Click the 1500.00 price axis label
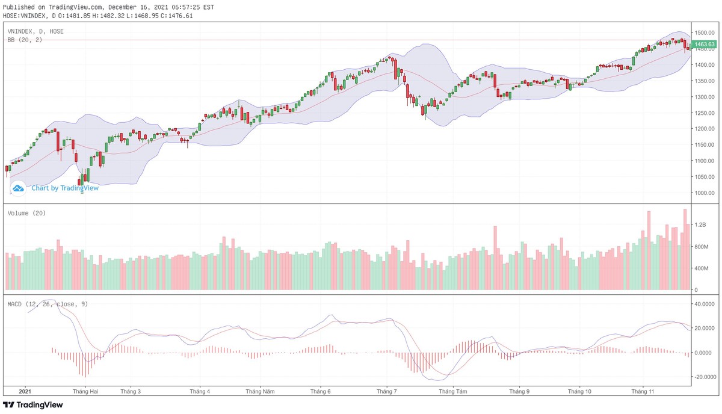point(704,32)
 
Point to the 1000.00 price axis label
point(704,193)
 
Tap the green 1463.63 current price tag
point(703,45)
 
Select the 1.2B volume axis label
point(700,224)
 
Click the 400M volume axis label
point(702,268)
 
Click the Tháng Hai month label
point(85,391)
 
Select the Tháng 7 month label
point(386,391)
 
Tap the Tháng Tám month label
point(454,391)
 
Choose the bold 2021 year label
point(25,391)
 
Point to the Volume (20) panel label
point(26,214)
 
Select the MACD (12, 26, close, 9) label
point(48,304)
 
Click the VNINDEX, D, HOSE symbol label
point(35,31)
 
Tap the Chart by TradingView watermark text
point(65,188)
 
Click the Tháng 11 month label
point(643,391)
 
